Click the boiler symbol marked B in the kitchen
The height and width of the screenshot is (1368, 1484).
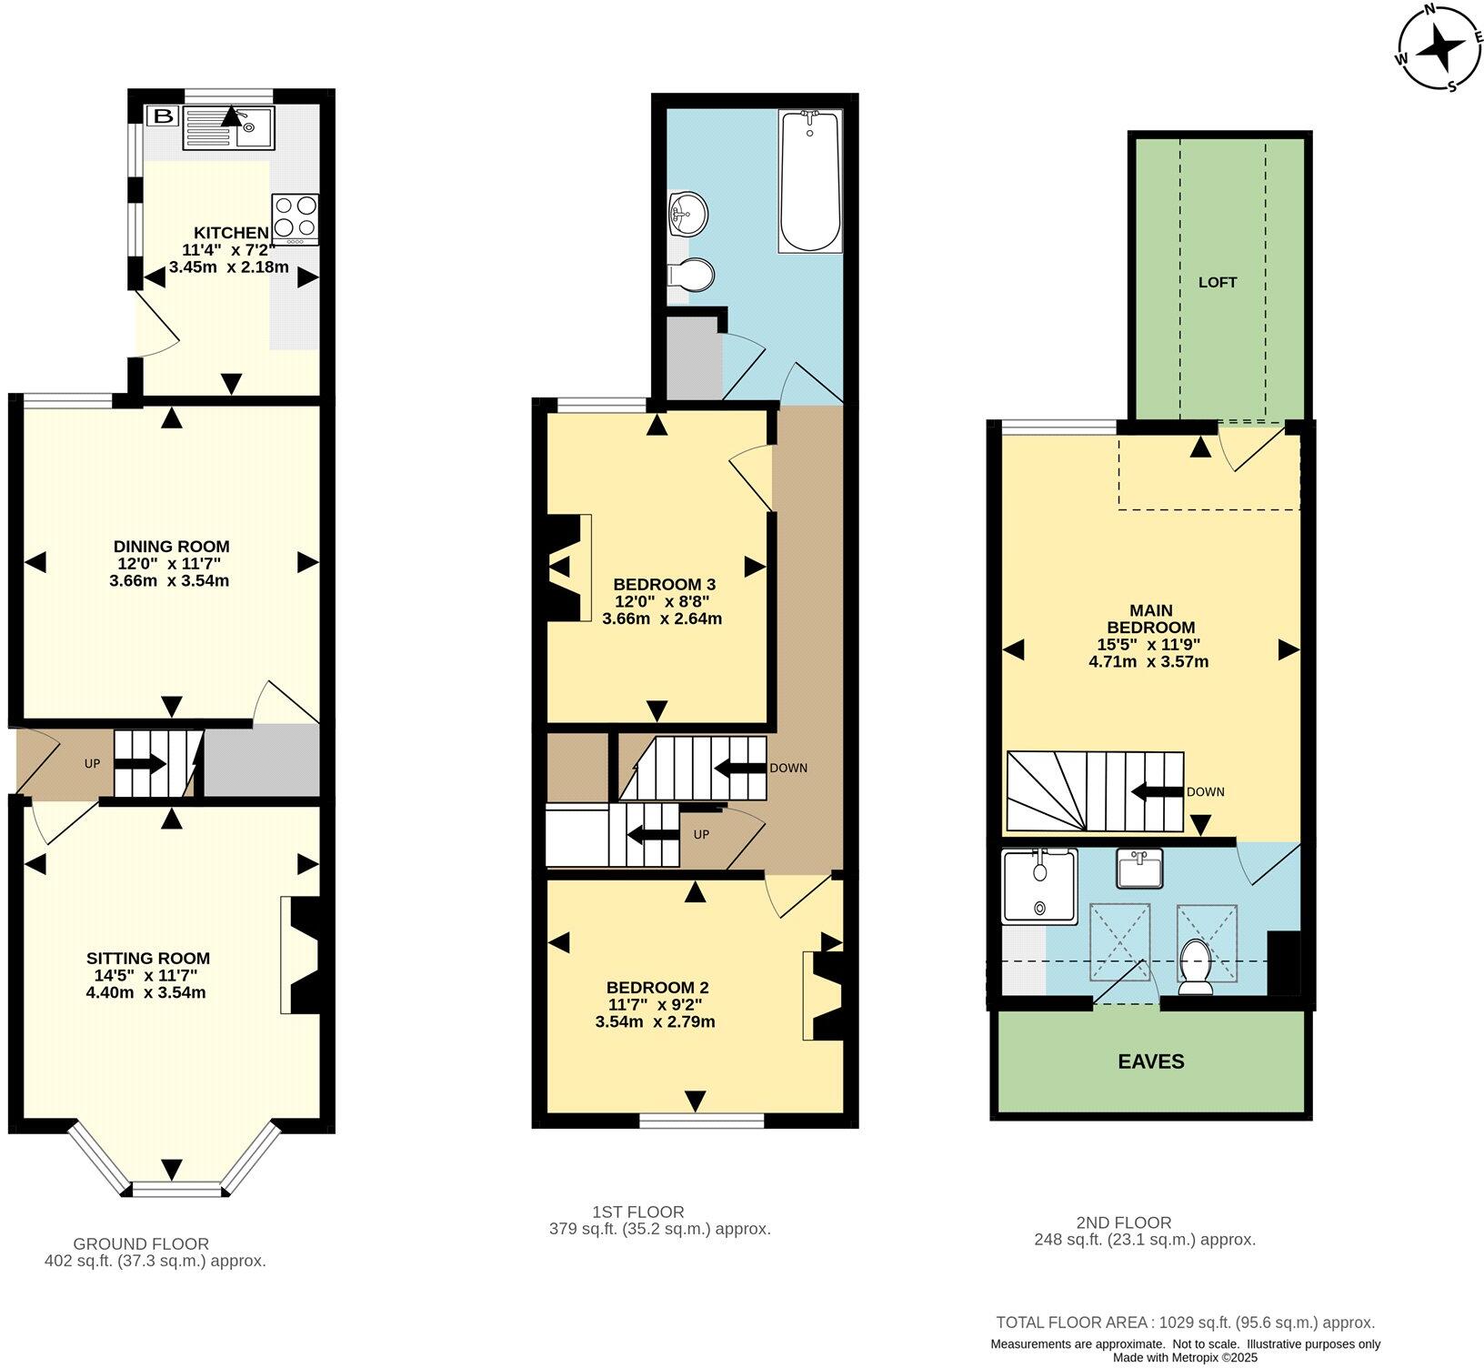pyautogui.click(x=164, y=116)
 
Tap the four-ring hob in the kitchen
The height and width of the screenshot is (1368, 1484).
pyautogui.click(x=295, y=219)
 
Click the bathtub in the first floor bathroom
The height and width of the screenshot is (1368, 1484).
pyautogui.click(x=809, y=180)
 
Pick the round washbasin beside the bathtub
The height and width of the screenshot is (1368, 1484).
pyautogui.click(x=687, y=215)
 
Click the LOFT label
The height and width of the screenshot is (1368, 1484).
pyautogui.click(x=1218, y=282)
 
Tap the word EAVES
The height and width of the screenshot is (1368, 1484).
pyautogui.click(x=1150, y=1061)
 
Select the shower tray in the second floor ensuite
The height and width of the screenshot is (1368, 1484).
pyautogui.click(x=1038, y=886)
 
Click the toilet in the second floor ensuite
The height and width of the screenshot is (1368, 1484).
pyautogui.click(x=1193, y=968)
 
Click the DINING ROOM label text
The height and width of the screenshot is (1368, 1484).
pyautogui.click(x=171, y=547)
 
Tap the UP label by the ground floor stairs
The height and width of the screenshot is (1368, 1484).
pyautogui.click(x=92, y=763)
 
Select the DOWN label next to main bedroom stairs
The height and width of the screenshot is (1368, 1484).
pyautogui.click(x=1205, y=791)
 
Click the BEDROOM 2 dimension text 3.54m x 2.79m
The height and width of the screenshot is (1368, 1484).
pyautogui.click(x=655, y=1021)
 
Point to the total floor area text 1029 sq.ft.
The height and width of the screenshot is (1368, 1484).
pyautogui.click(x=1185, y=1323)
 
